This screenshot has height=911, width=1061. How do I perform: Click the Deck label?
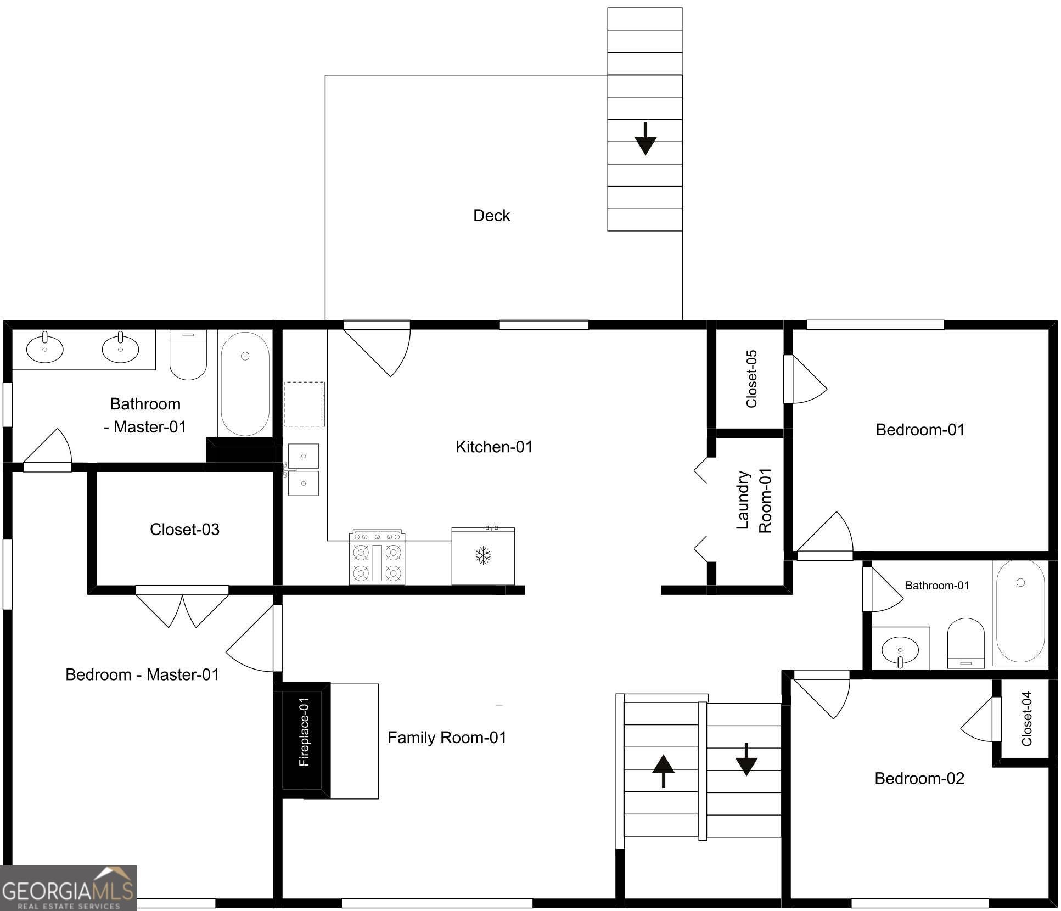491,215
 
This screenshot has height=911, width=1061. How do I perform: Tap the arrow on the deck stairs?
645,138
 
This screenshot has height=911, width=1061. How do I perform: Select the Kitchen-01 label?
494,447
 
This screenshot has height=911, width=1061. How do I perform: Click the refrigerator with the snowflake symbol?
483,556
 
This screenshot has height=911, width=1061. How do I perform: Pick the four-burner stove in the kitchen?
378,558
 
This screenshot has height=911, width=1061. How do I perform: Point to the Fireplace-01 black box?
302,740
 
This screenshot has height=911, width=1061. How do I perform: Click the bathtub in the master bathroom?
245,384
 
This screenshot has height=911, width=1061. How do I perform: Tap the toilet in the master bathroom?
188,355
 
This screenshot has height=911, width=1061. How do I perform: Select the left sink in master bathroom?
45,348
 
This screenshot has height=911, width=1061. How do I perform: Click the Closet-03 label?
184,530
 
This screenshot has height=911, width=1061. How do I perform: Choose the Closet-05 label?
751,379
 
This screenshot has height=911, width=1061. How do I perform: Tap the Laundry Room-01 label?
754,500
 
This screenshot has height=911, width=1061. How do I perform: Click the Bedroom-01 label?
920,429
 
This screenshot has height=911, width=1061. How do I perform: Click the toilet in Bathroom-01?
965,643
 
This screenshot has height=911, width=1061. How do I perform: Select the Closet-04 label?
1027,718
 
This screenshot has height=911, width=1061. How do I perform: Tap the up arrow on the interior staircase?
663,771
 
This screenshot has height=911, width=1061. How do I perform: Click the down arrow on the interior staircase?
746,759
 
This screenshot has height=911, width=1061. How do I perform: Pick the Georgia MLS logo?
68,888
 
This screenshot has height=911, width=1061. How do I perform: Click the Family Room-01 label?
447,738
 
